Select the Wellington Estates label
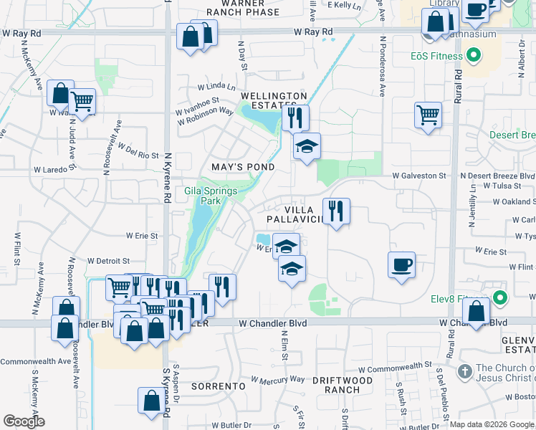pyautogui.click(x=274, y=101)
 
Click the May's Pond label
pyautogui.click(x=243, y=167)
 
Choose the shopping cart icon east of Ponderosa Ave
pyautogui.click(x=428, y=114)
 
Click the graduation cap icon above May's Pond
pyautogui.click(x=307, y=146)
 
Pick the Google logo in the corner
pyautogui.click(x=24, y=421)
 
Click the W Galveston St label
pyautogui.click(x=418, y=176)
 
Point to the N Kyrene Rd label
pyautogui.click(x=166, y=170)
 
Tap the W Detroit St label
pyautogui.click(x=107, y=262)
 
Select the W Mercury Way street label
pyautogui.click(x=278, y=379)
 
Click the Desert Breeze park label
pyautogui.click(x=512, y=135)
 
